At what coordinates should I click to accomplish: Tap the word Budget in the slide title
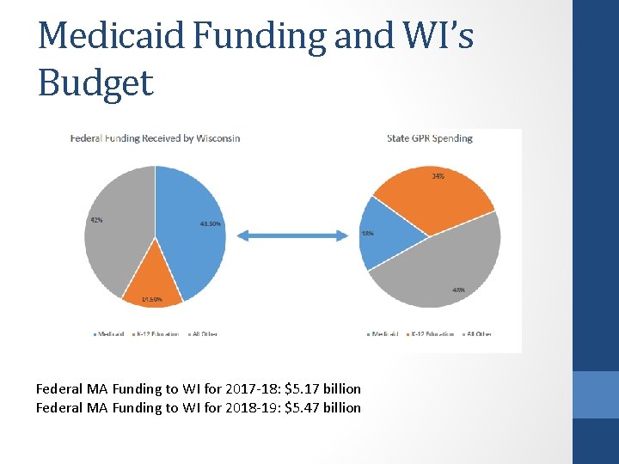click(x=95, y=83)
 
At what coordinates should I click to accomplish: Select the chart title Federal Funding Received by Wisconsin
click(x=155, y=138)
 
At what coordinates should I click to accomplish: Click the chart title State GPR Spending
click(x=429, y=138)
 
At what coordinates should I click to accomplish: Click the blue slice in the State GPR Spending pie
click(x=378, y=234)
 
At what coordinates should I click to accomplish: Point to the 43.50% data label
click(x=211, y=224)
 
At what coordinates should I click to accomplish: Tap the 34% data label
click(x=438, y=176)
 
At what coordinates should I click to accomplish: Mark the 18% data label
click(x=367, y=234)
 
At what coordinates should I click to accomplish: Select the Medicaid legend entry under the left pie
click(x=107, y=333)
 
